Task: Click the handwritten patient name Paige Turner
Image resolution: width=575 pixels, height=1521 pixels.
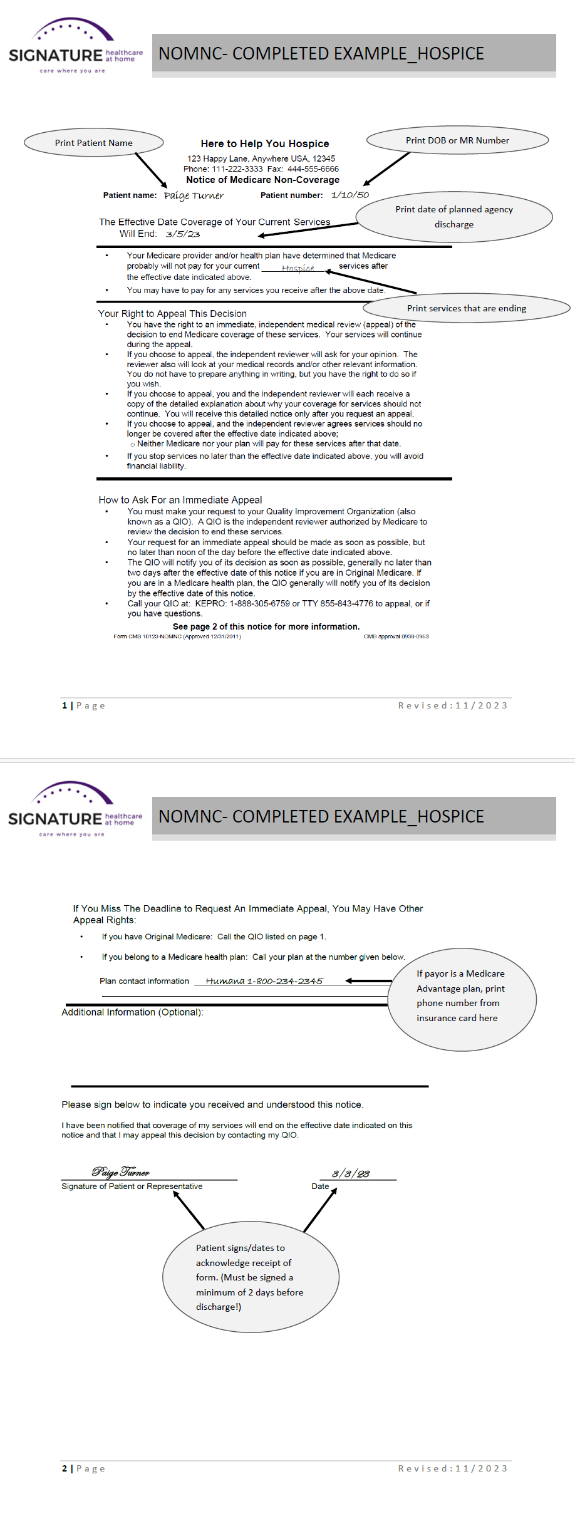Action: [194, 196]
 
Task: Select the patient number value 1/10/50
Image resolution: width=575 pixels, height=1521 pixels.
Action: [350, 195]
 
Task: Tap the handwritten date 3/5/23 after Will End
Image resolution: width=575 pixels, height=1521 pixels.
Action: [183, 234]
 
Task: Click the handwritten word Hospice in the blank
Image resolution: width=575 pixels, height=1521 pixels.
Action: [298, 268]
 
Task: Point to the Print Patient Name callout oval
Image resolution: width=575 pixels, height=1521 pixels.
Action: [94, 143]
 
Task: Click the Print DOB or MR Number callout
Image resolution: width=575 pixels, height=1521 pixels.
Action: [457, 140]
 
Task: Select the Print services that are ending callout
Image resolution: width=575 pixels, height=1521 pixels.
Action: [466, 308]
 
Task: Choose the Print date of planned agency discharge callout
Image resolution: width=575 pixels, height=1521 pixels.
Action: [454, 217]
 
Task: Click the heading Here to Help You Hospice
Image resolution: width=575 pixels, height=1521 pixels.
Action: [264, 143]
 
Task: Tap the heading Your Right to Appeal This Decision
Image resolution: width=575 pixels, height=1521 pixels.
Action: [172, 313]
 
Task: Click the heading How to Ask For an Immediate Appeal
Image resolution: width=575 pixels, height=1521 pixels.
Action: [180, 500]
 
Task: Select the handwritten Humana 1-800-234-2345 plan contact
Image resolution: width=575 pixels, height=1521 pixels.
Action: [264, 981]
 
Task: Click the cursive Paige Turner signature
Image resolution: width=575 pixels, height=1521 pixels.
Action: [121, 1171]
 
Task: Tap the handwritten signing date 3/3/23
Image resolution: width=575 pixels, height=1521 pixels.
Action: [351, 1173]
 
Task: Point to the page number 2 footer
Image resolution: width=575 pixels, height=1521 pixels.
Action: [65, 1468]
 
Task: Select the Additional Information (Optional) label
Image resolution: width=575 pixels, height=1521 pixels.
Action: [132, 1012]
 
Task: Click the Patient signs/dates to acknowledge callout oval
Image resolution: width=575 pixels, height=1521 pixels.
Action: [251, 1277]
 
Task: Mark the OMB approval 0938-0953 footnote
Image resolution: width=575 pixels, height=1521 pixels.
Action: [396, 636]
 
